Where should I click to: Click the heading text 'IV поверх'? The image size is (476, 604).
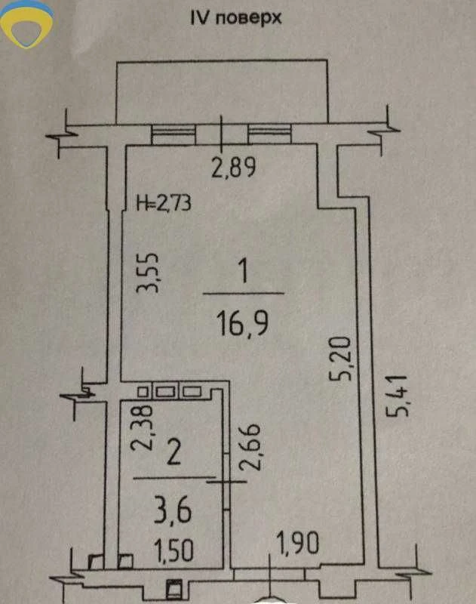[x=236, y=18]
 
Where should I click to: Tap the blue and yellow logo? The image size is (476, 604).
[x=26, y=24]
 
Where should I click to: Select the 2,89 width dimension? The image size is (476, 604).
[x=234, y=168]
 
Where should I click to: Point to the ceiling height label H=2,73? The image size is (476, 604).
[x=164, y=202]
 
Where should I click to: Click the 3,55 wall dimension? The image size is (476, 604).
[x=147, y=273]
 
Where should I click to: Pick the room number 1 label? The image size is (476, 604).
[x=243, y=271]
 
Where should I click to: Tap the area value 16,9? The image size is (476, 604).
[x=242, y=324]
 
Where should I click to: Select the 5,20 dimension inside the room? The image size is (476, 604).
[x=340, y=359]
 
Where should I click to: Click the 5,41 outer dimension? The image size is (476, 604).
[x=396, y=396]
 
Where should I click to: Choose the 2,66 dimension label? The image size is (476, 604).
[x=250, y=447]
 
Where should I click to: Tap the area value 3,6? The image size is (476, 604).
[x=173, y=510]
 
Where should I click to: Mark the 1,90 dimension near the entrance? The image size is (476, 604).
[x=298, y=544]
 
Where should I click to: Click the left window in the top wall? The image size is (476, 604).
[x=174, y=134]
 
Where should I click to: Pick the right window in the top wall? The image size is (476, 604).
[x=269, y=134]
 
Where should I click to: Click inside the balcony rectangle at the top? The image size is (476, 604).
[x=222, y=91]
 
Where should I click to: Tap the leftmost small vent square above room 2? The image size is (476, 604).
[x=143, y=392]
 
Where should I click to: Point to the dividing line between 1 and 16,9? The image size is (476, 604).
[x=244, y=294]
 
